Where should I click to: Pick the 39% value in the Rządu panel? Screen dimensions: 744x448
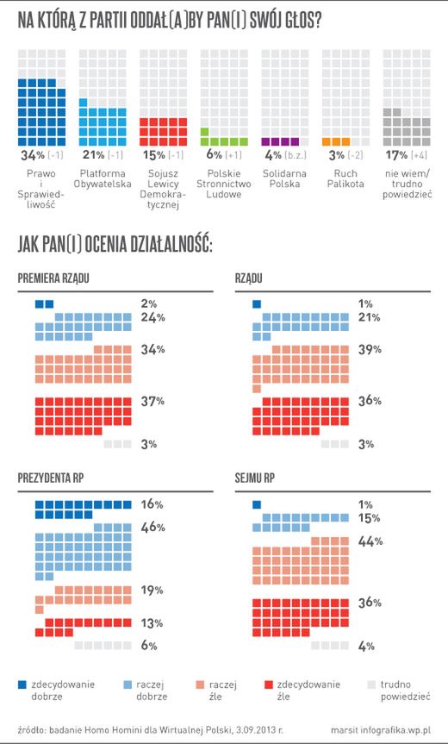tap(367, 349)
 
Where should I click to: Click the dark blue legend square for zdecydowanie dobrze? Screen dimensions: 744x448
tap(23, 685)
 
